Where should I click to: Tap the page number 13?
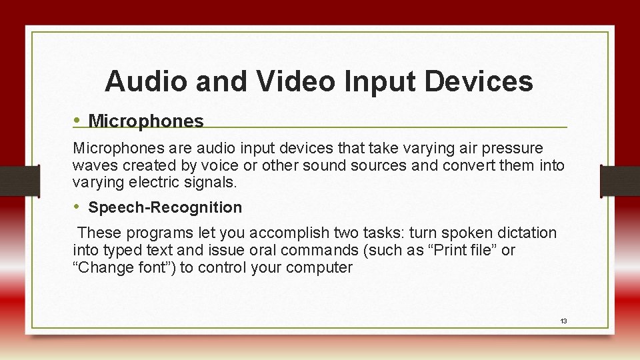point(563,321)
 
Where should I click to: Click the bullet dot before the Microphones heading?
point(77,120)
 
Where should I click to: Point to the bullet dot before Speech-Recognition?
point(77,207)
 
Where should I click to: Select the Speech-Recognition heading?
point(165,207)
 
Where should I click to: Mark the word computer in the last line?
point(321,268)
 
